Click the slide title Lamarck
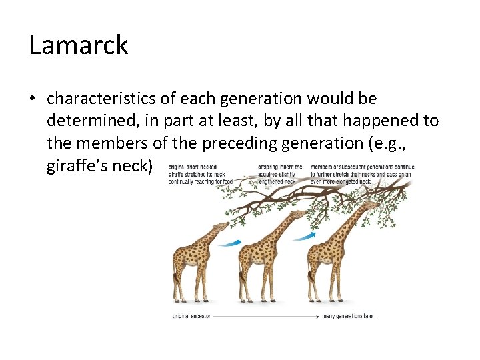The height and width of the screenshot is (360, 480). [x=79, y=45]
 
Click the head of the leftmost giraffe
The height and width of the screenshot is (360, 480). [x=219, y=227]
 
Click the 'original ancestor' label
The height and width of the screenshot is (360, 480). [x=191, y=316]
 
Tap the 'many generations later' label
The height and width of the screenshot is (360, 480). [x=348, y=316]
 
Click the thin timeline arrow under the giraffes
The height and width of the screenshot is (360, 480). [x=267, y=316]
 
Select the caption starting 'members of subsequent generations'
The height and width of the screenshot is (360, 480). [x=362, y=174]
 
